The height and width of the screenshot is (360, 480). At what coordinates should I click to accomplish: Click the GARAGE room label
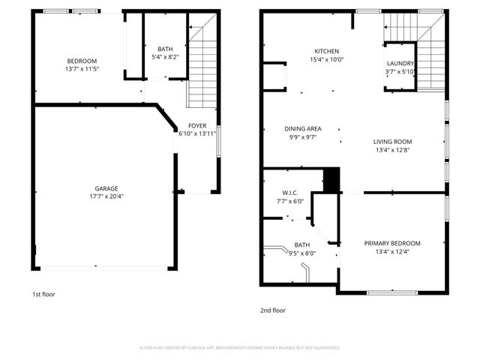point(106,188)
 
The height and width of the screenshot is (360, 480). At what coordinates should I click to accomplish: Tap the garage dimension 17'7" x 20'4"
point(106,197)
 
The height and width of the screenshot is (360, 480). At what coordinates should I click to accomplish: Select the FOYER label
point(197,125)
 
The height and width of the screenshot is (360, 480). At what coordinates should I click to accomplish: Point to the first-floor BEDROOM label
point(82,61)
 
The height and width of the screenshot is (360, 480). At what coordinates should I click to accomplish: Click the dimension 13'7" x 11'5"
point(82,69)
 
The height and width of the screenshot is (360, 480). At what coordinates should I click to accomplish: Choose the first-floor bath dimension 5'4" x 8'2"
point(165,56)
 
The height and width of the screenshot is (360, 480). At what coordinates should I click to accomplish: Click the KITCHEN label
point(326,51)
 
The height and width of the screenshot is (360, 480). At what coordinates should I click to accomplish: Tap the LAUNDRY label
point(400,64)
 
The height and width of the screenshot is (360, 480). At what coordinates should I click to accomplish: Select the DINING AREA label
point(303,128)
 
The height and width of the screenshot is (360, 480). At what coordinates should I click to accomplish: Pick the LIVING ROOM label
point(393,141)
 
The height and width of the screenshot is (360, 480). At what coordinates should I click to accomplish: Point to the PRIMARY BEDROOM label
point(392,243)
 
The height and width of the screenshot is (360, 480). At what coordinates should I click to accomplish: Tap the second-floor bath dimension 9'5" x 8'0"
point(301,253)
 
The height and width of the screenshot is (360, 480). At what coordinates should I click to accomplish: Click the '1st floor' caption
point(43,295)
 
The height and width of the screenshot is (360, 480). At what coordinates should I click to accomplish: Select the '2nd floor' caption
point(272,310)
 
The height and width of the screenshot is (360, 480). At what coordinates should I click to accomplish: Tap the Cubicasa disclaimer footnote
point(240,348)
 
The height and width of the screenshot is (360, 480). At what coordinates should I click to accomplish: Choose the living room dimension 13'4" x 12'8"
point(393,149)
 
